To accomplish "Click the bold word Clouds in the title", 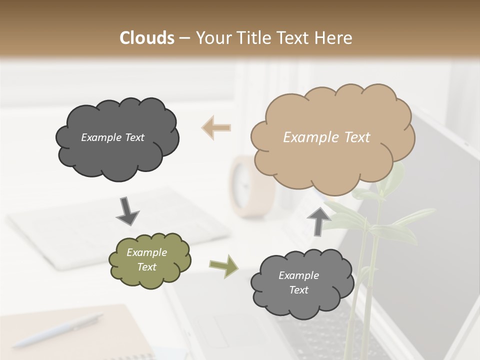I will coord(147,38).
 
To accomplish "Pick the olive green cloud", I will coord(149,260).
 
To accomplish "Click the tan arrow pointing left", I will coord(216,127).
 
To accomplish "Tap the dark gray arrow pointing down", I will coord(127,211).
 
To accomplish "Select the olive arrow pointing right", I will coord(223,266).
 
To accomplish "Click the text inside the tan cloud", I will coord(326,137).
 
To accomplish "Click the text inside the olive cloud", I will coord(146,259).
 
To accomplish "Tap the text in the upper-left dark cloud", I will coord(112,137).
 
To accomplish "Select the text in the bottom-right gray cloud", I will coord(298,282).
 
